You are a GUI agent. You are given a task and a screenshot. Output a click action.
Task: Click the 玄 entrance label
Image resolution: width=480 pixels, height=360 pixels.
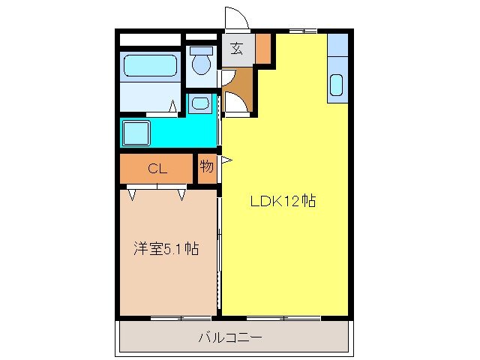click(x=237, y=49)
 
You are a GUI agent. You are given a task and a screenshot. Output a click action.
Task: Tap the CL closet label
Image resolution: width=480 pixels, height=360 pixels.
click(x=156, y=169)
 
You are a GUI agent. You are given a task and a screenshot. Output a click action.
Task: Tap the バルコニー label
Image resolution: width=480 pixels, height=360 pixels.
click(x=230, y=337)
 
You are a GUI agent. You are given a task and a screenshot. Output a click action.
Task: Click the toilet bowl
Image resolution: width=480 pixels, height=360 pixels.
click(x=200, y=64)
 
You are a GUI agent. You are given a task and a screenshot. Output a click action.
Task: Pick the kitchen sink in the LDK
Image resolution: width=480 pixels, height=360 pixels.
click(x=336, y=87)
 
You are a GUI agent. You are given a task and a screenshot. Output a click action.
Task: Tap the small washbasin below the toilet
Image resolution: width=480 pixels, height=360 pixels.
click(x=199, y=103)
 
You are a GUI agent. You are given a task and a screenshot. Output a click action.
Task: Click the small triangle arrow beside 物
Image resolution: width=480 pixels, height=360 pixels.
click(x=225, y=159)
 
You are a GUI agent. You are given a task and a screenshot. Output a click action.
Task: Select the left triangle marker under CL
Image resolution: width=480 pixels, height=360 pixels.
click(x=133, y=193)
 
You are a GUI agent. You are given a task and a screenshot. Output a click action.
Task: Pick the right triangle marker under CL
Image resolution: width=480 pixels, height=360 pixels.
click(x=182, y=193)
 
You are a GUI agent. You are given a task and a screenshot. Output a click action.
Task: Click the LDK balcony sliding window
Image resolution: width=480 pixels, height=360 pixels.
click(x=285, y=318)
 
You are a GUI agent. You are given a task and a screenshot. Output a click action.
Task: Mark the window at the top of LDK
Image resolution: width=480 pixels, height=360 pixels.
click(x=303, y=31)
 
